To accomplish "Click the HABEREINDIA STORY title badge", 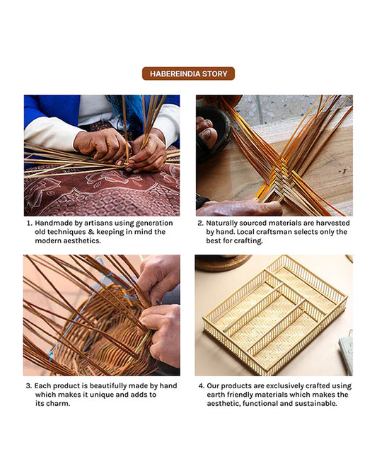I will (188, 74).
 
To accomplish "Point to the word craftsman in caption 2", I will (279, 232).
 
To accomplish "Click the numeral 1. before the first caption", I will (29, 223).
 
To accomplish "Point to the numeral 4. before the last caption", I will (202, 385).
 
